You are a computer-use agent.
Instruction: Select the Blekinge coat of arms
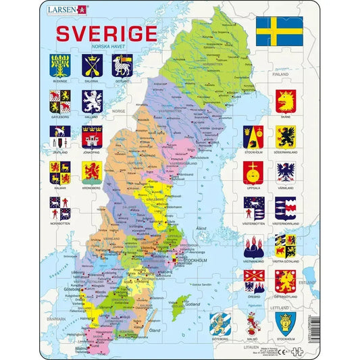pyautogui.click(x=59, y=66)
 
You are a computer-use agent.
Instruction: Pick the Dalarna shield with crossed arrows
pyautogui.click(x=92, y=66)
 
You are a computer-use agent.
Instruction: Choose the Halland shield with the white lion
pyautogui.click(x=92, y=101)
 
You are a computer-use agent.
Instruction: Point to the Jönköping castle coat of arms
pyautogui.click(x=92, y=136)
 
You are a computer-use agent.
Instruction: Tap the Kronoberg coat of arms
pyautogui.click(x=92, y=172)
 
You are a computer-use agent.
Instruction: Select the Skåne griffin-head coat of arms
pyautogui.click(x=285, y=101)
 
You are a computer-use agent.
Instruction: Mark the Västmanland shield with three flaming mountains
pyautogui.click(x=253, y=245)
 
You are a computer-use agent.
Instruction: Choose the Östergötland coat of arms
pyautogui.click(x=285, y=280)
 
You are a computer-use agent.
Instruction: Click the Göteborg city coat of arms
pyautogui.click(x=221, y=322)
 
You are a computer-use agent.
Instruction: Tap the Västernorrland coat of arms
pyautogui.click(x=285, y=208)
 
